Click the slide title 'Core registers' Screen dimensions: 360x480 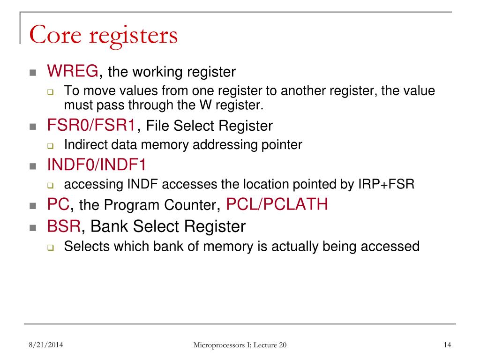click(x=103, y=36)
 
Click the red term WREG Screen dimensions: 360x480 click(x=73, y=71)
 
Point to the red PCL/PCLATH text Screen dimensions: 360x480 click(x=277, y=204)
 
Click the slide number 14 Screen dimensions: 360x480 click(x=447, y=345)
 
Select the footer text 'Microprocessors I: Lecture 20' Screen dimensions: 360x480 click(x=240, y=345)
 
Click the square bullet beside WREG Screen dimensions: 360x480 click(x=33, y=73)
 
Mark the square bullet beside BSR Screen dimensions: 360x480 click(x=33, y=228)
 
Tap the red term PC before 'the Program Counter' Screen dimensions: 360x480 click(x=58, y=204)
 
